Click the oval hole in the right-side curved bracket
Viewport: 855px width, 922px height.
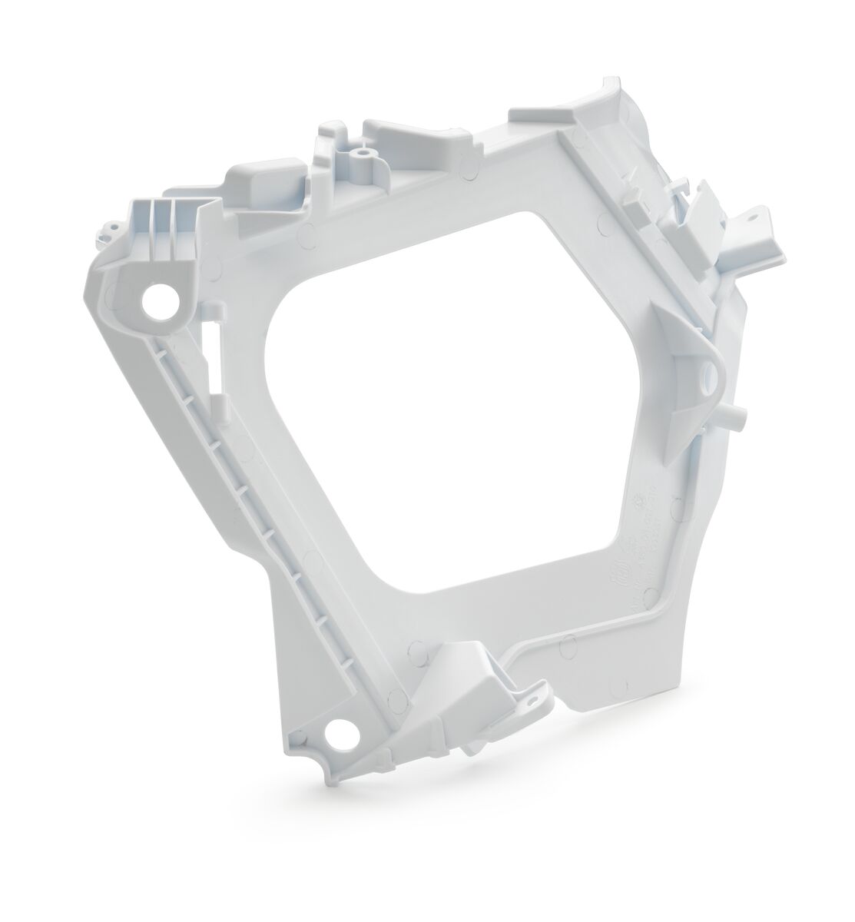click(708, 376)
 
